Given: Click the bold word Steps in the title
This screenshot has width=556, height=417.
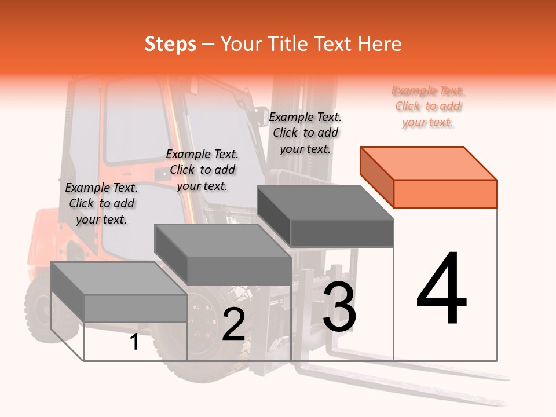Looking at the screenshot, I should tap(170, 44).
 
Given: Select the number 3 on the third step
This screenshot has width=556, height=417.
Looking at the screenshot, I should tap(339, 306).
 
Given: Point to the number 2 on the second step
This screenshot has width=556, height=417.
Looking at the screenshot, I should tap(233, 324).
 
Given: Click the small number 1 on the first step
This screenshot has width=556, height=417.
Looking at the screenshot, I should tap(134, 342).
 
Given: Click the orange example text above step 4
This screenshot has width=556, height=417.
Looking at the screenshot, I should tap(428, 107).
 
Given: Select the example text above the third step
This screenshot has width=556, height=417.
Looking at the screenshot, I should tap(305, 133).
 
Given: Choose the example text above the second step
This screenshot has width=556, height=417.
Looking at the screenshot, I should tap(202, 170).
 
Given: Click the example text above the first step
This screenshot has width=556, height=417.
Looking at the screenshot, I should tap(101, 203).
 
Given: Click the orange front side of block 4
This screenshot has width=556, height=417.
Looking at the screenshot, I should tap(445, 193).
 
